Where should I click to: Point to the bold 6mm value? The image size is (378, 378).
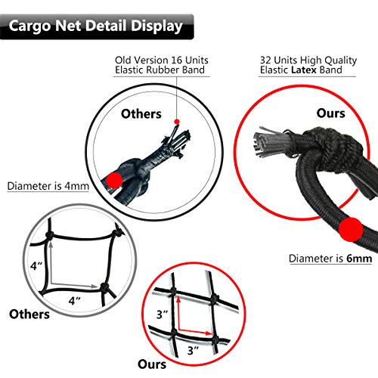point(360,259)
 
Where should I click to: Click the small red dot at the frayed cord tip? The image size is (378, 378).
point(176,121)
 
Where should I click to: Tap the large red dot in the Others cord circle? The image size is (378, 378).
point(114,179)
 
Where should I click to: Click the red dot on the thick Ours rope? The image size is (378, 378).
point(349,228)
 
